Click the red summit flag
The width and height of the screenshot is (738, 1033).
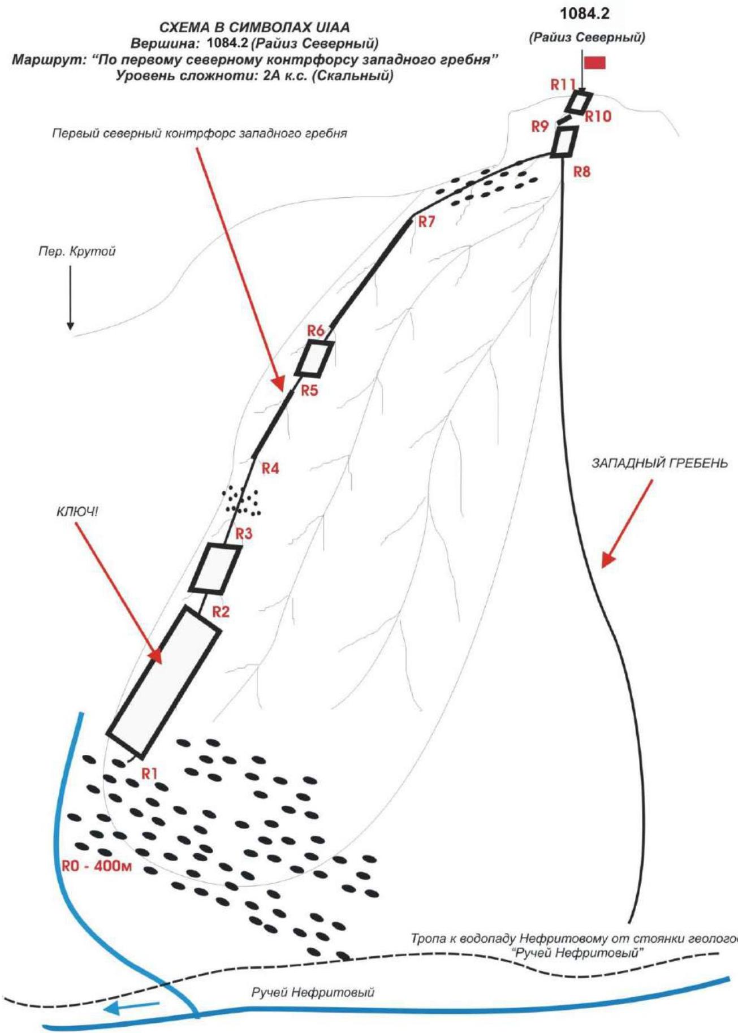pyautogui.click(x=595, y=62)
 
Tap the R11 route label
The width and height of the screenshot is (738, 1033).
pyautogui.click(x=563, y=85)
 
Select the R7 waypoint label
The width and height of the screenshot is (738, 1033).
pyautogui.click(x=426, y=222)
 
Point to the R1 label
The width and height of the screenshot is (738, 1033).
pyautogui.click(x=149, y=773)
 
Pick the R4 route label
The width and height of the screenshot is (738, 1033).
pyautogui.click(x=270, y=469)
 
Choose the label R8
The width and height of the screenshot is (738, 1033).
pyautogui.click(x=581, y=172)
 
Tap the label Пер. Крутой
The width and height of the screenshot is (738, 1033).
pyautogui.click(x=77, y=251)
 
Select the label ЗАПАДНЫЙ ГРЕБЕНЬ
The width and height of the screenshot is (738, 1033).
pyautogui.click(x=659, y=463)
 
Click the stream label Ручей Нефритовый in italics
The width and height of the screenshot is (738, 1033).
pyautogui.click(x=313, y=992)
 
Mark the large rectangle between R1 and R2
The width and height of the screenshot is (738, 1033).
pyautogui.click(x=163, y=682)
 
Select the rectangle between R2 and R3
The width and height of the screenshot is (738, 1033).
pyautogui.click(x=214, y=569)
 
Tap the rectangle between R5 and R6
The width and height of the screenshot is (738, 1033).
pyautogui.click(x=314, y=358)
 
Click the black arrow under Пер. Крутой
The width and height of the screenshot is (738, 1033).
pyautogui.click(x=70, y=297)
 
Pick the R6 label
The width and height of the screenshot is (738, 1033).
pyautogui.click(x=316, y=331)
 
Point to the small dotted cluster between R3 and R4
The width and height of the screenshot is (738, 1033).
pyautogui.click(x=242, y=500)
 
